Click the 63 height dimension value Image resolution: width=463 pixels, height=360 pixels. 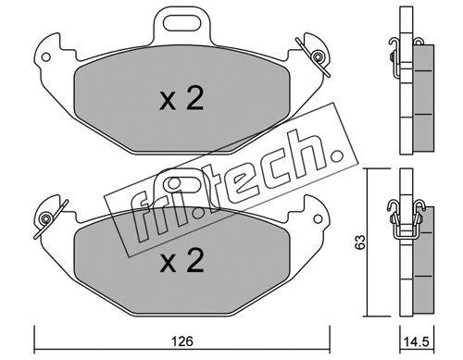click(360, 242)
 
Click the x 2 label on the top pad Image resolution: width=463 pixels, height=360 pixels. click(181, 99)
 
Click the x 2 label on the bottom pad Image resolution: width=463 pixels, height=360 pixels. click(181, 261)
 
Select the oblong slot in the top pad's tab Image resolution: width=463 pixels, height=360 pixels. click(181, 23)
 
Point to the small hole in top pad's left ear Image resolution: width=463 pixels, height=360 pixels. click(45, 57)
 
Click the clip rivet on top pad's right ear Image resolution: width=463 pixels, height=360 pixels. click(317, 56)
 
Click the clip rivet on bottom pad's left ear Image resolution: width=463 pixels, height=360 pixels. click(46, 218)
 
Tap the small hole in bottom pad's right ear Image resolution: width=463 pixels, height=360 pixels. click(318, 218)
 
